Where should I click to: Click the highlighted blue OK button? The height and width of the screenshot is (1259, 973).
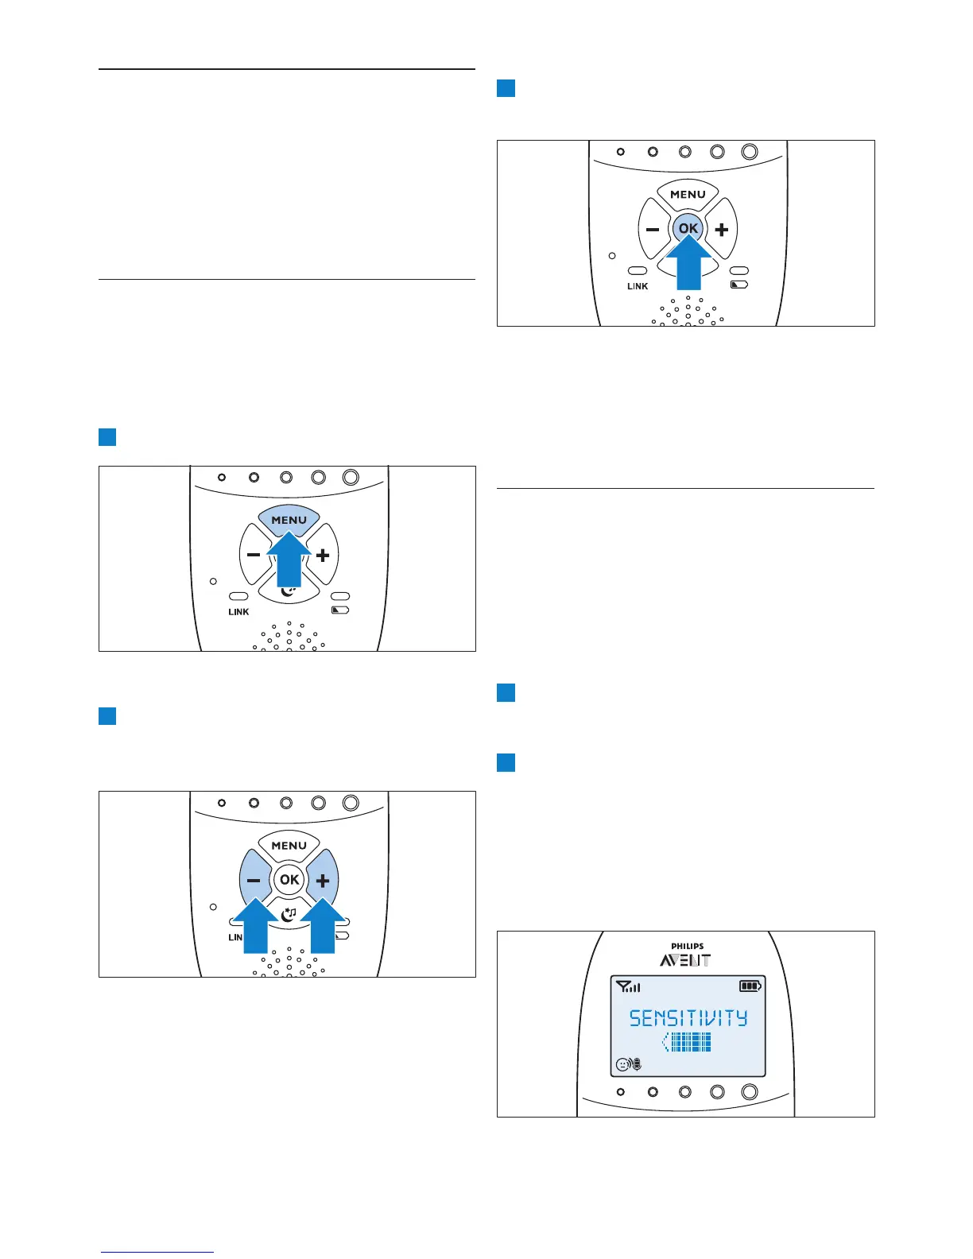coord(688,228)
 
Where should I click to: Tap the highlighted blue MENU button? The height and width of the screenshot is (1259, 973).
coord(289,519)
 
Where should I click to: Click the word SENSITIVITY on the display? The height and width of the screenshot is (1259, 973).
coord(688,1018)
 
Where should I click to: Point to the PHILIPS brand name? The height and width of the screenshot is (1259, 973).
coord(687,947)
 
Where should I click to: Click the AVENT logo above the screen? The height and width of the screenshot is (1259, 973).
coord(685,960)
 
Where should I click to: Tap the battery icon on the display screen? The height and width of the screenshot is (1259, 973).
coord(750,986)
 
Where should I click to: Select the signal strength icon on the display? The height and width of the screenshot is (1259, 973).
coord(628,987)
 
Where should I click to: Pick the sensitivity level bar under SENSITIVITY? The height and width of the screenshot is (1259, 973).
coord(688,1043)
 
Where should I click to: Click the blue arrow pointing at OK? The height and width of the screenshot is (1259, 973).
coord(688,267)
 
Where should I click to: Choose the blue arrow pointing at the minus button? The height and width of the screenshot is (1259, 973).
coord(256,927)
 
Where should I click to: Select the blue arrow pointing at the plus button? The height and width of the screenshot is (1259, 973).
coord(323,927)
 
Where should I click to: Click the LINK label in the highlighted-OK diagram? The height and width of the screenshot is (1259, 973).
coord(638,286)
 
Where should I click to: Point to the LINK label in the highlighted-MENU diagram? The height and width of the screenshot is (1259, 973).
coord(238,612)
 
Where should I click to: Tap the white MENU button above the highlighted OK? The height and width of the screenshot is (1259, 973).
coord(688,194)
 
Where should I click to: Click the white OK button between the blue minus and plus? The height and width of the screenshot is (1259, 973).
coord(289,879)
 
